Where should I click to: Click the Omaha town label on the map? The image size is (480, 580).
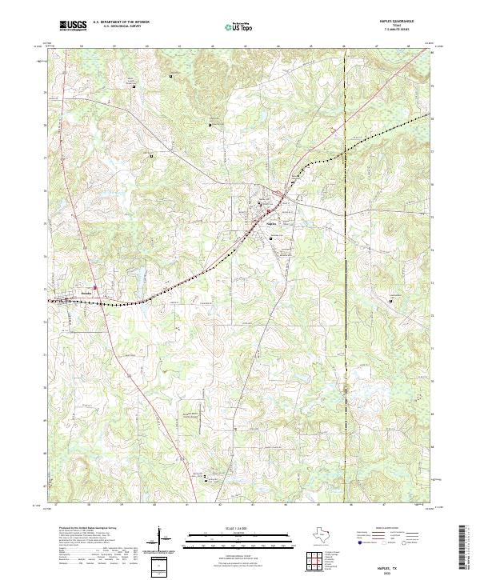click(x=86, y=294)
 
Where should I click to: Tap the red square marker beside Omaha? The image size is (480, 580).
click(x=94, y=287)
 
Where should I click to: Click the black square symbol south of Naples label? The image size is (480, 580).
click(x=270, y=238)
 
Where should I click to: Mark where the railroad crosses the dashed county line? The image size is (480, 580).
click(x=344, y=150)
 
